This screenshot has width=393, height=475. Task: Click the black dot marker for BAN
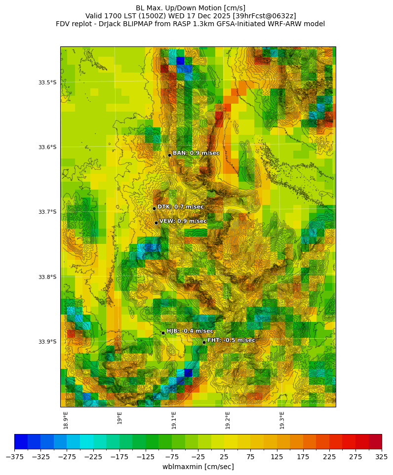(x=169, y=155)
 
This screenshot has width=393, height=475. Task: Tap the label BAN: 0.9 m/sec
(x=196, y=153)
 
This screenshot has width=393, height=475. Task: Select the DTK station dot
(x=154, y=208)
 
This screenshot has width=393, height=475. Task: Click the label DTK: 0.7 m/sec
(x=180, y=207)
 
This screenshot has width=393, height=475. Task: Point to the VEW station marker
(x=156, y=223)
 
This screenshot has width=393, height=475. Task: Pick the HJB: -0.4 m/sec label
(x=190, y=331)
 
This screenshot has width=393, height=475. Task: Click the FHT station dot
(x=204, y=342)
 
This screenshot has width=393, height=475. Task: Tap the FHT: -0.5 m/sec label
(x=231, y=340)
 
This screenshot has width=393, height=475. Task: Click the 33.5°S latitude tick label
(x=47, y=82)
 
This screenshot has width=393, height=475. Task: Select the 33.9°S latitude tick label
(x=47, y=342)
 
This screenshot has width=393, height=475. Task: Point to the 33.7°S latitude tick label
(x=47, y=212)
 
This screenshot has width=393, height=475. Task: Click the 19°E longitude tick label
(x=120, y=418)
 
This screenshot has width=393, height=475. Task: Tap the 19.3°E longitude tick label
(x=282, y=420)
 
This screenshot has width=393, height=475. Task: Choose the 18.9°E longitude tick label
(x=66, y=420)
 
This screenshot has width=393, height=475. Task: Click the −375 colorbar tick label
(x=15, y=457)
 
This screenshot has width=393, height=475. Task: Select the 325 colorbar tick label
(x=382, y=457)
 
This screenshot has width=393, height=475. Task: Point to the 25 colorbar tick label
(x=224, y=457)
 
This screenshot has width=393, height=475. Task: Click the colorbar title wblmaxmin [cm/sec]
(x=198, y=467)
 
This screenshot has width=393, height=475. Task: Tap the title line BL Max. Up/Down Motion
(x=191, y=8)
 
